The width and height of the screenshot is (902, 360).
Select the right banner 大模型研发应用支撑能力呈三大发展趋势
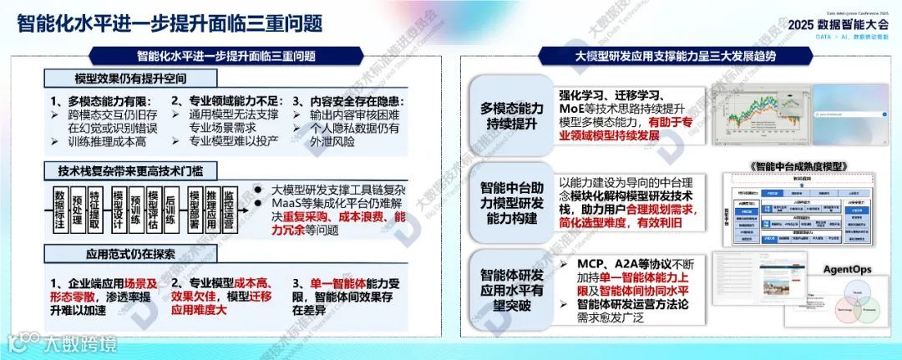[x=676, y=57]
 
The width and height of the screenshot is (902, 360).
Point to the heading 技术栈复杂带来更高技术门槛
[x=122, y=172]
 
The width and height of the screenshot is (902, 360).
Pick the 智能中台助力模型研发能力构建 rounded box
[x=511, y=204]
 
